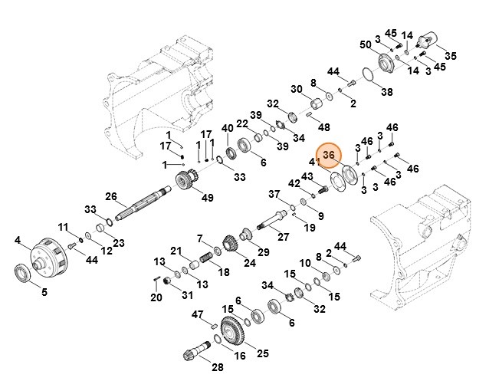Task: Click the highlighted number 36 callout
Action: (329, 156)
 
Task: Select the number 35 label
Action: (451, 55)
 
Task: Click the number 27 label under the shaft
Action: (283, 238)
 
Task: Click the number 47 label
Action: (198, 314)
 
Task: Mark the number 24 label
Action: (248, 263)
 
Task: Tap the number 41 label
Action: (314, 162)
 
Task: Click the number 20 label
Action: (156, 297)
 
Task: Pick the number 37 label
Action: (274, 193)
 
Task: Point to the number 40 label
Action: (227, 127)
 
